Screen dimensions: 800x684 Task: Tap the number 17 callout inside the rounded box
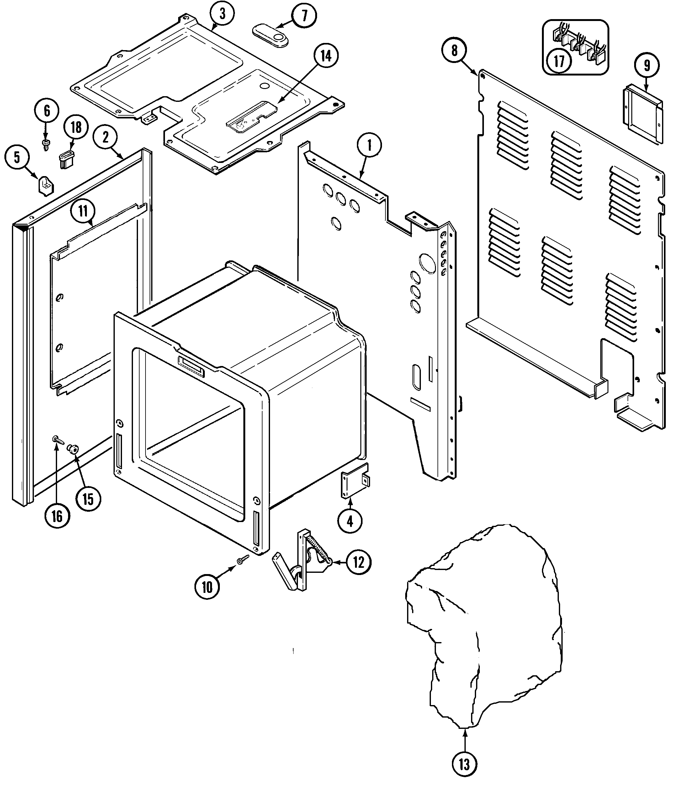[559, 61]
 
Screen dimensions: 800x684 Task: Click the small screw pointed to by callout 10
[243, 559]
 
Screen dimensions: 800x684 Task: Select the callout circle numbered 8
[454, 50]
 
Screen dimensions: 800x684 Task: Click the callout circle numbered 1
[369, 146]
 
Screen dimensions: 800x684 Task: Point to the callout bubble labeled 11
[83, 211]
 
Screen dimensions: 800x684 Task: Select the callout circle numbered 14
[326, 56]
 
